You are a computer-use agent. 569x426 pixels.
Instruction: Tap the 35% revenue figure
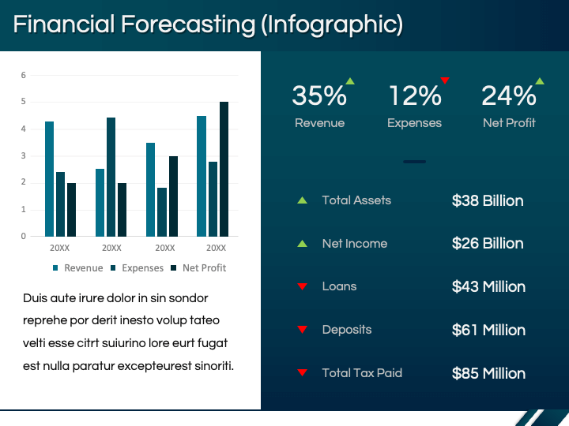tap(319, 96)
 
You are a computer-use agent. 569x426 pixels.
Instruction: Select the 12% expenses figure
tap(414, 96)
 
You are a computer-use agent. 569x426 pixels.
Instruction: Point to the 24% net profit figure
tap(509, 96)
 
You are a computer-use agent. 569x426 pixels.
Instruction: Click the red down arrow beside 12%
tap(445, 80)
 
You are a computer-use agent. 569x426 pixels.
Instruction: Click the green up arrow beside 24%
tap(540, 80)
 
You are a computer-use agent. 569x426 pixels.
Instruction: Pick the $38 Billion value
tap(488, 200)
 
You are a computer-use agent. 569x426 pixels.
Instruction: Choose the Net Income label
tap(355, 244)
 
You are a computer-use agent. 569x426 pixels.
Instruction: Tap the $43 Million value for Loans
tap(488, 286)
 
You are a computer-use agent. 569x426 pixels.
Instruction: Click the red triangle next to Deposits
tap(302, 330)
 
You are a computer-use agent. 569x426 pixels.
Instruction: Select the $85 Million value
tap(488, 373)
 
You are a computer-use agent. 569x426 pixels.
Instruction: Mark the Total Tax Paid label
tap(362, 372)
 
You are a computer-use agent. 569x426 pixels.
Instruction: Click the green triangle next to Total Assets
tap(302, 200)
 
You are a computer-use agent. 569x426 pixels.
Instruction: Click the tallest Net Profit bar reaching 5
tap(224, 169)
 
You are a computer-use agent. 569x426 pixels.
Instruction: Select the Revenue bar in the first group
tap(50, 178)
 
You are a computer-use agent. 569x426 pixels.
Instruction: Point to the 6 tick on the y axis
tap(24, 75)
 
